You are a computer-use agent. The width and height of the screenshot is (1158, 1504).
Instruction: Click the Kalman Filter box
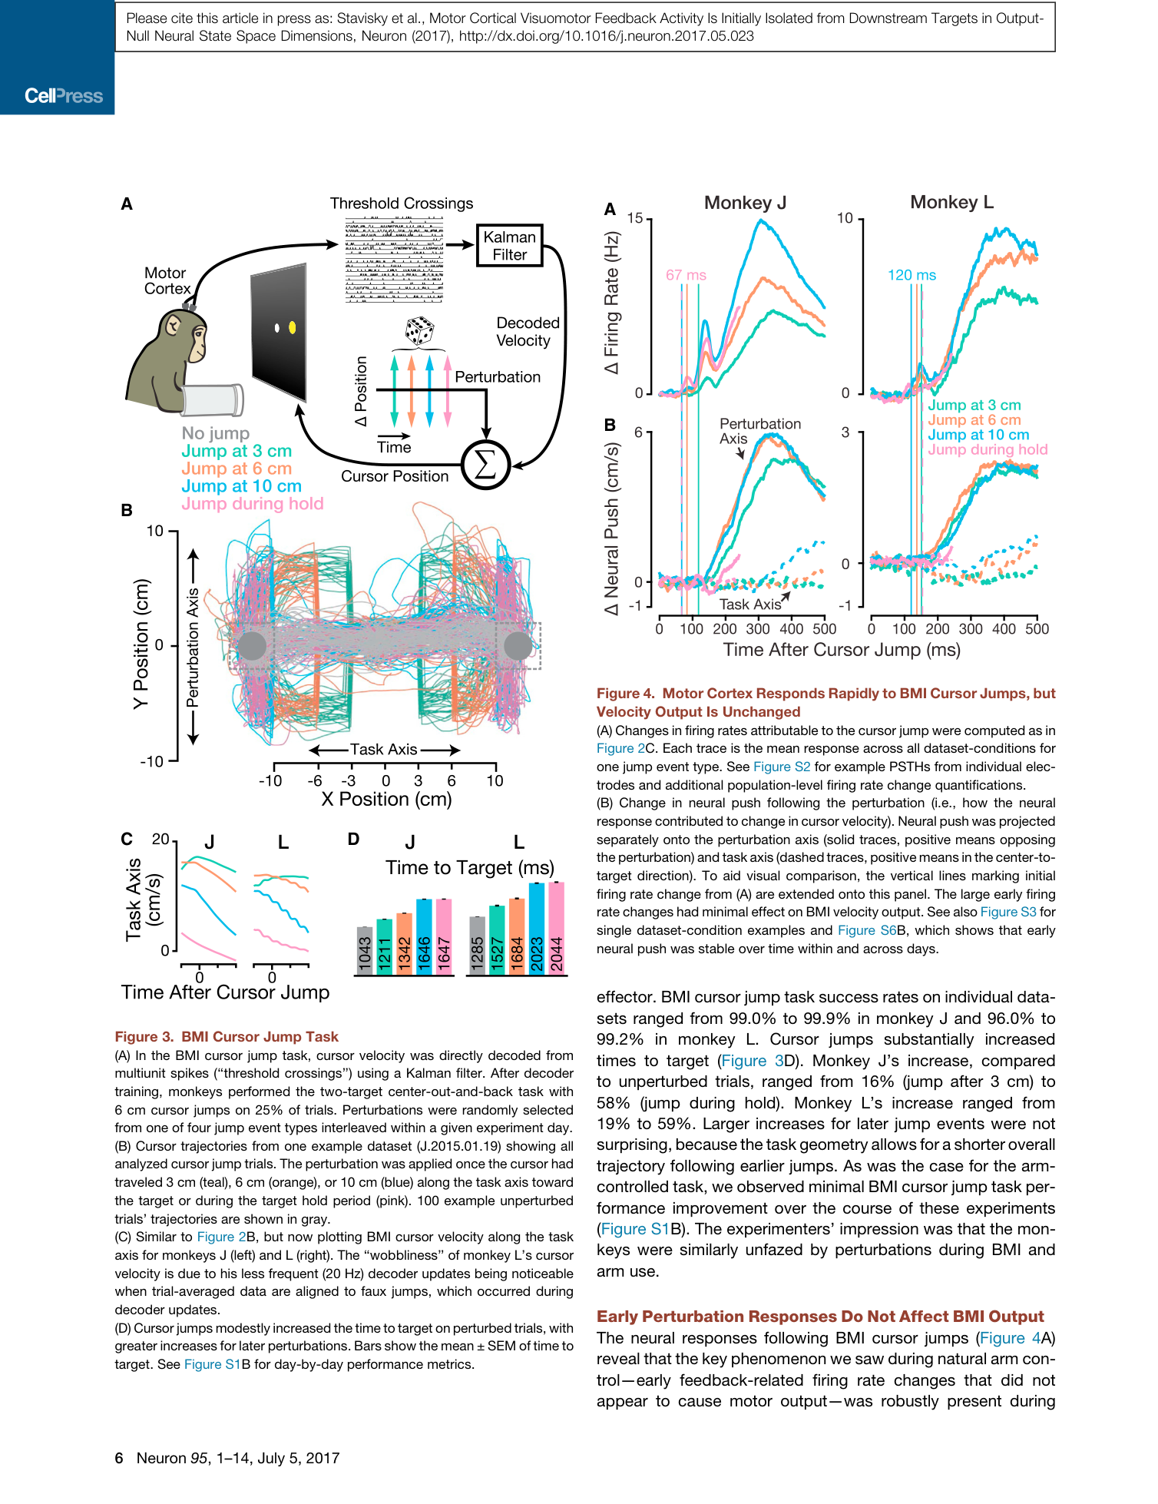pyautogui.click(x=510, y=246)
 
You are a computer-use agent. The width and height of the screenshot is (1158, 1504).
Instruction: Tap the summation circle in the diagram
pyautogui.click(x=485, y=465)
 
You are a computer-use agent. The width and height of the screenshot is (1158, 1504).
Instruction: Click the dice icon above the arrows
pyautogui.click(x=419, y=331)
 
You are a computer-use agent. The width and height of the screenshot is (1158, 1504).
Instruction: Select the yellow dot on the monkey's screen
pyautogui.click(x=292, y=328)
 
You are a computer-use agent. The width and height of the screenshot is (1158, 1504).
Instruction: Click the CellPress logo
pyautogui.click(x=64, y=96)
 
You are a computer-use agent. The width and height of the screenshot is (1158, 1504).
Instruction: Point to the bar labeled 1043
pyautogui.click(x=365, y=951)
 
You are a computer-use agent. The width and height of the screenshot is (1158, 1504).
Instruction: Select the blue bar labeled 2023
pyautogui.click(x=537, y=929)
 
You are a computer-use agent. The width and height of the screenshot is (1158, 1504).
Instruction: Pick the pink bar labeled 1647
pyautogui.click(x=444, y=937)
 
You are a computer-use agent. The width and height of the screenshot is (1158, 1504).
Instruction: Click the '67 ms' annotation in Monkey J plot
pyautogui.click(x=686, y=275)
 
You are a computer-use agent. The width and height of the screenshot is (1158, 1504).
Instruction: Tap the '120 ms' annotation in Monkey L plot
pyautogui.click(x=912, y=275)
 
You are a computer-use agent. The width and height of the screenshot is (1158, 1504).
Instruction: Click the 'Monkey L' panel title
pyautogui.click(x=951, y=202)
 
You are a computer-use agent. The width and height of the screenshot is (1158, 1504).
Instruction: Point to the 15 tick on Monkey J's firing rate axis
pyautogui.click(x=635, y=218)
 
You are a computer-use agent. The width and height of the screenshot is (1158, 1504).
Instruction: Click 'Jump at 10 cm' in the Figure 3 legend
pyautogui.click(x=241, y=486)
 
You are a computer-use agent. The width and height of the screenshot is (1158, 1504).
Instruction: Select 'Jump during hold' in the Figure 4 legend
pyautogui.click(x=988, y=449)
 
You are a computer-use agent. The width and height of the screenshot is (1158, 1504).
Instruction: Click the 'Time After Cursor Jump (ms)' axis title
pyautogui.click(x=842, y=650)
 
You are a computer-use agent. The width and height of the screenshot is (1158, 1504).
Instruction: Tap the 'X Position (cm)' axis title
pyautogui.click(x=386, y=800)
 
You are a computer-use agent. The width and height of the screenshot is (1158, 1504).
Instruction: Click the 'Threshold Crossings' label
pyautogui.click(x=402, y=204)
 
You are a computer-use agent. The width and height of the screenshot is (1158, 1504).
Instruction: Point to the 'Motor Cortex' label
pyautogui.click(x=167, y=281)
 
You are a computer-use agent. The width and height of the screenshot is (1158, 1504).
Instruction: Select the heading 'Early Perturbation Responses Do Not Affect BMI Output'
pyautogui.click(x=820, y=1317)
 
